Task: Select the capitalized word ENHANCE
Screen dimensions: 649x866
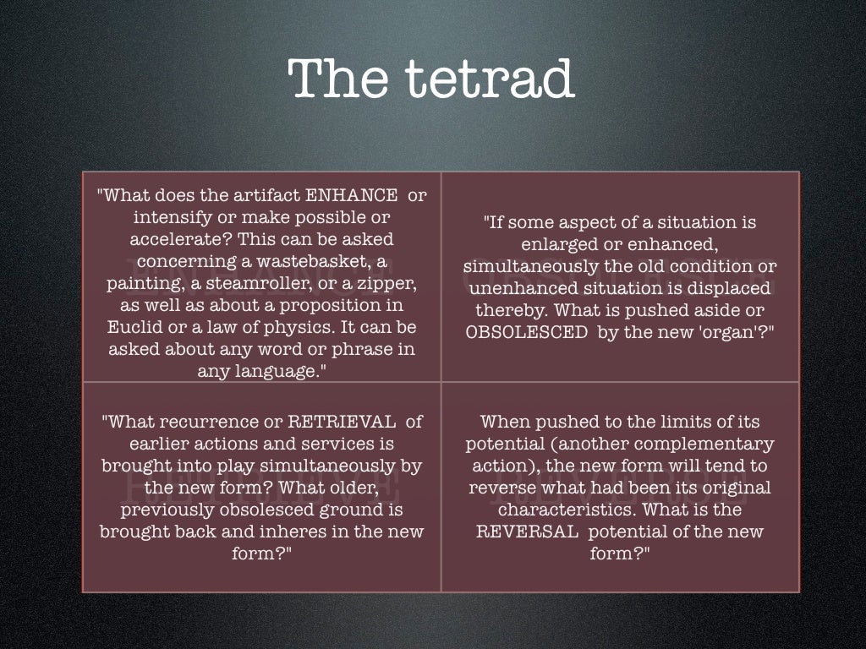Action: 351,196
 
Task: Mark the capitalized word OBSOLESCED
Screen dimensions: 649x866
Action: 526,332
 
